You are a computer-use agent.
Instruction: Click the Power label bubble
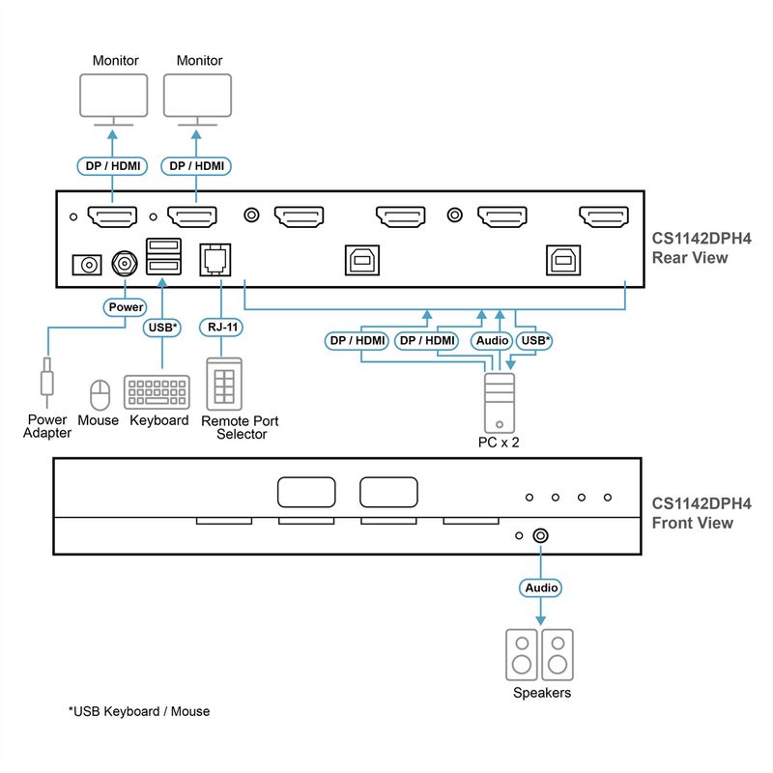coord(126,307)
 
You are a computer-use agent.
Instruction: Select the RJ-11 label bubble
coord(221,327)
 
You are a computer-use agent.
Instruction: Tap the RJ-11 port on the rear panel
coord(215,259)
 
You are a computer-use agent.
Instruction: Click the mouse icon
coord(100,394)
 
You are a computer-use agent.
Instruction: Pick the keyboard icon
coord(157,392)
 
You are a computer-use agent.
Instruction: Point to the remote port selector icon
coord(224,384)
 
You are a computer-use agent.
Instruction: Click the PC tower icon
coord(500,403)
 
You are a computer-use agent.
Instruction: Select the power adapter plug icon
coord(46,381)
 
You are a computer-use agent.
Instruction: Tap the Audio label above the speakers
coord(541,587)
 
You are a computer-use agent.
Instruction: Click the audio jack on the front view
coord(541,536)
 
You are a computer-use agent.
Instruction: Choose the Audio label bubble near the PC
coord(492,341)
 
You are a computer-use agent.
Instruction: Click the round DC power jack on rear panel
coord(125,264)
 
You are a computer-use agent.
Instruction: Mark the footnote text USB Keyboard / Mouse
coord(139,711)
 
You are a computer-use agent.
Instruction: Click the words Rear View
coord(690,258)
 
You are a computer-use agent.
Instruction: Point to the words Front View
coord(692,523)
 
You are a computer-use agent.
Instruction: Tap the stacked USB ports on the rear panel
coord(163,256)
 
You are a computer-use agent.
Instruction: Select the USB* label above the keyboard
coord(162,328)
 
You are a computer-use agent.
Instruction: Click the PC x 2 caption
coord(499,443)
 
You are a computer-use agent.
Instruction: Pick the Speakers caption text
coord(542,693)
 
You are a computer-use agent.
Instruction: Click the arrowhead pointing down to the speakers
coord(541,620)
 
